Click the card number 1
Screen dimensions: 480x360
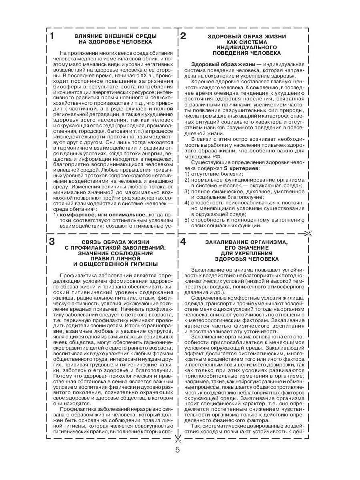[x=52, y=36]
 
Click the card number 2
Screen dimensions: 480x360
[x=183, y=36]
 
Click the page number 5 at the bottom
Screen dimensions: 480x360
[x=178, y=449]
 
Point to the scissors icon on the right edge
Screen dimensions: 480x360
[x=308, y=234]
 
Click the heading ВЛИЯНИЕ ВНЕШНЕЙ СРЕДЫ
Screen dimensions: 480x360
[x=115, y=36]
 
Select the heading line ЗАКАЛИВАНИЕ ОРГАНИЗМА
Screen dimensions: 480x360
[x=246, y=242]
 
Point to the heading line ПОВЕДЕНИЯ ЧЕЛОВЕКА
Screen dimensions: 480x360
[x=246, y=53]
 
